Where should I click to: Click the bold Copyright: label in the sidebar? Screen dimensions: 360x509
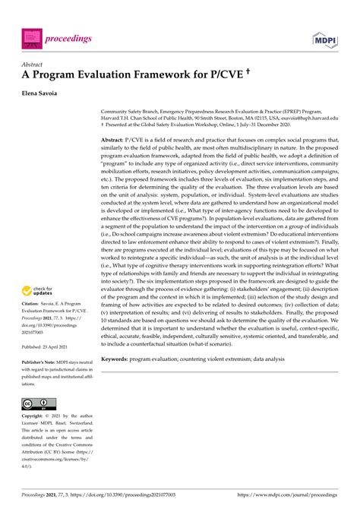click(x=33, y=416)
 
